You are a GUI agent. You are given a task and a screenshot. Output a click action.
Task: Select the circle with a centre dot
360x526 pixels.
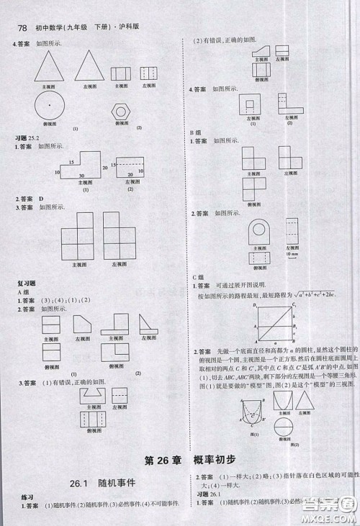coord(49,105)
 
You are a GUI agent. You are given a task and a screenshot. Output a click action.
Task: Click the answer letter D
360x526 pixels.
coord(42,197)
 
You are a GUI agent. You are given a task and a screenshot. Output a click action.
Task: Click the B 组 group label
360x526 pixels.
coord(197,132)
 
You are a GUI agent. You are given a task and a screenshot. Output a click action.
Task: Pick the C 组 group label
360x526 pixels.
coord(197,277)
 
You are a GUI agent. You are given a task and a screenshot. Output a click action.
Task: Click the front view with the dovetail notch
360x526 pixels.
coord(91,394)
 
